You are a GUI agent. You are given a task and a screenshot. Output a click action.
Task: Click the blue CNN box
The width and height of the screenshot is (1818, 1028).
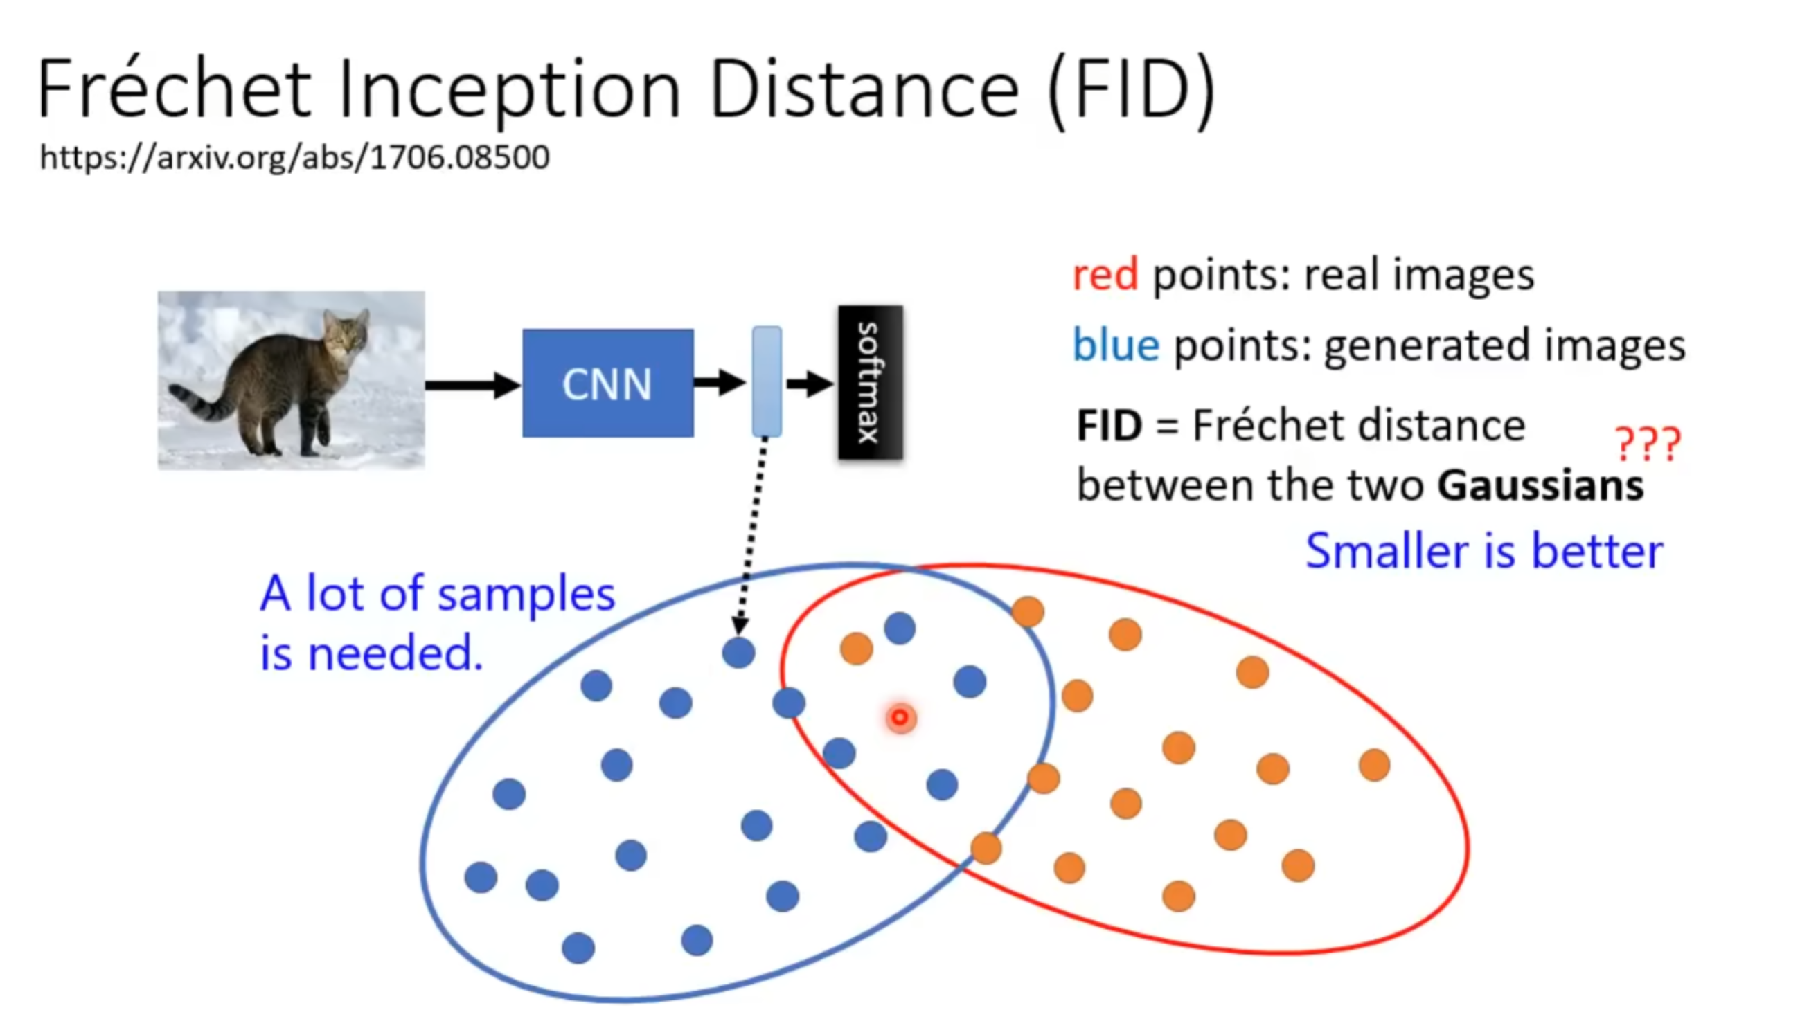coord(607,384)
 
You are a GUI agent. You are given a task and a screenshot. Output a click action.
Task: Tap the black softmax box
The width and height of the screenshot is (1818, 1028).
coord(870,383)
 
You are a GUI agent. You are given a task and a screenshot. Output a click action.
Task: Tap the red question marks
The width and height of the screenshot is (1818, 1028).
coord(1648,444)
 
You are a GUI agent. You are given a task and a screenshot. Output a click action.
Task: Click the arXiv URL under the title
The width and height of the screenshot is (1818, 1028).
coord(294,156)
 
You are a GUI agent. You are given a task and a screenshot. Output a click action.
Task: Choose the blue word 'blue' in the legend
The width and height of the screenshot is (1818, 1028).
coord(1116,345)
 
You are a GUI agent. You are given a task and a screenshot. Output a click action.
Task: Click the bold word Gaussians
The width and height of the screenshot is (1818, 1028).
coord(1540,486)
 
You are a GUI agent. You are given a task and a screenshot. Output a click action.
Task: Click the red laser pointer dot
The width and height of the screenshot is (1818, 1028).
coord(900,718)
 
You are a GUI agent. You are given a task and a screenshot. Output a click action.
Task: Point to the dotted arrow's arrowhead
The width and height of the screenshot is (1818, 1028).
coord(740,626)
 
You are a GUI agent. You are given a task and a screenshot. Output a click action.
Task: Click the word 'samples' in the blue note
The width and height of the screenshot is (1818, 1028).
coord(526,594)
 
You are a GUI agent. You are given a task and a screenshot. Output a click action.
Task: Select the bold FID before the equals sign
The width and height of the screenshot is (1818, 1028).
coord(1109,426)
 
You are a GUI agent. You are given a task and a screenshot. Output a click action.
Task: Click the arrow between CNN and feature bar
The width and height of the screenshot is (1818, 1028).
coord(720,383)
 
